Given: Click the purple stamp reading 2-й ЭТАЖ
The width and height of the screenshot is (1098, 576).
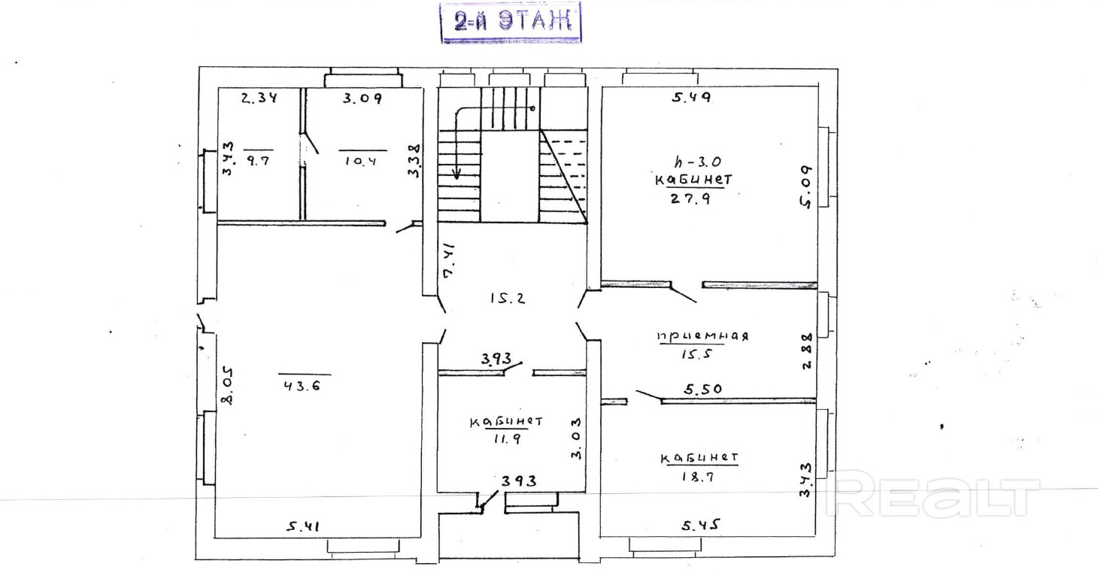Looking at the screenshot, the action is click(511, 23).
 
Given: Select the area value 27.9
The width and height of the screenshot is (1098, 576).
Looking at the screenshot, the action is click(690, 199).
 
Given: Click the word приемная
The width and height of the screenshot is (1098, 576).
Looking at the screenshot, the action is click(702, 336).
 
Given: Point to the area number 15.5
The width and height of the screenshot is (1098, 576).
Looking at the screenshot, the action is click(696, 354).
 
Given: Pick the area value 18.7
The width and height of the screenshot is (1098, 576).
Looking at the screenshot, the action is click(698, 477).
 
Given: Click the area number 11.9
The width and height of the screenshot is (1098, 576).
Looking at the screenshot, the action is click(507, 438).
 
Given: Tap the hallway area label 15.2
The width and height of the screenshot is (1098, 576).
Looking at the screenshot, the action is click(508, 298).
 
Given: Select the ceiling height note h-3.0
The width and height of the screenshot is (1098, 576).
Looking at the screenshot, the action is click(697, 161).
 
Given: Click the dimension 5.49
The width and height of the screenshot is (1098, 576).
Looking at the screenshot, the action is click(691, 97).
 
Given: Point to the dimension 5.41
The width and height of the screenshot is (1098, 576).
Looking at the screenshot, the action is click(303, 527).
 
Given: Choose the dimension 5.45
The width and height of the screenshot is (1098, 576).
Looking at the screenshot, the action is click(701, 526).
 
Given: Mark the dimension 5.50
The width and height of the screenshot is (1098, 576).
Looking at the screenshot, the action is click(703, 390).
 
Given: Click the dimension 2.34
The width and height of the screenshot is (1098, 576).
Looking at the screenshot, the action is click(259, 98).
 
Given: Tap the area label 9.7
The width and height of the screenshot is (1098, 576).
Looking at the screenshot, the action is click(258, 160).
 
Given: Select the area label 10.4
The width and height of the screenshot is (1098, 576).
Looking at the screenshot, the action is click(361, 160).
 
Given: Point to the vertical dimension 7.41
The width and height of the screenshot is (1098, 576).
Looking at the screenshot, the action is click(448, 260).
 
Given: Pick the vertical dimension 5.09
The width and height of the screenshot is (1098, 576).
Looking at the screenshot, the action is click(806, 187).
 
